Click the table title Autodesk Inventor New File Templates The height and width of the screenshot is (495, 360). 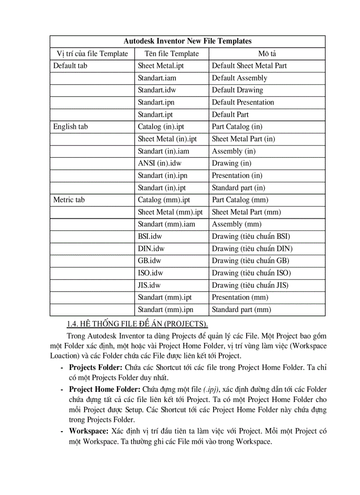point(187,41)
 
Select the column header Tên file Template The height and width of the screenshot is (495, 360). point(172,54)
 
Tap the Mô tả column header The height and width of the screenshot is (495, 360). point(267,54)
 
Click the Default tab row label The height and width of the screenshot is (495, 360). point(70,66)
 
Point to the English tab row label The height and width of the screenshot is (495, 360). point(71,127)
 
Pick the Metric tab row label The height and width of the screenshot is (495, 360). point(69,200)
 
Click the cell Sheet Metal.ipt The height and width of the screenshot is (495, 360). point(161,66)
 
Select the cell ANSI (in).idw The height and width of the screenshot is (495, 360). point(159,163)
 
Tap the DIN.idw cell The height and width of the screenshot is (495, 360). point(151,249)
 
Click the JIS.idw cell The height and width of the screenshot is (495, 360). point(149,285)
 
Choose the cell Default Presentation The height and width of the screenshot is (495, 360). point(243,102)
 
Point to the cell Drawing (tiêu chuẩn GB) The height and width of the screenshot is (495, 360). point(251,261)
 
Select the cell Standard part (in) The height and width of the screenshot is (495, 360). point(238,188)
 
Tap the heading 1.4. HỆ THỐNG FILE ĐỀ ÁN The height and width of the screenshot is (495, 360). point(137,325)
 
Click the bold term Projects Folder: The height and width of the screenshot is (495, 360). point(96,367)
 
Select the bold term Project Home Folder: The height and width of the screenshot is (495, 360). point(105,389)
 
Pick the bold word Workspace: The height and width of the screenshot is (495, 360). point(88,431)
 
